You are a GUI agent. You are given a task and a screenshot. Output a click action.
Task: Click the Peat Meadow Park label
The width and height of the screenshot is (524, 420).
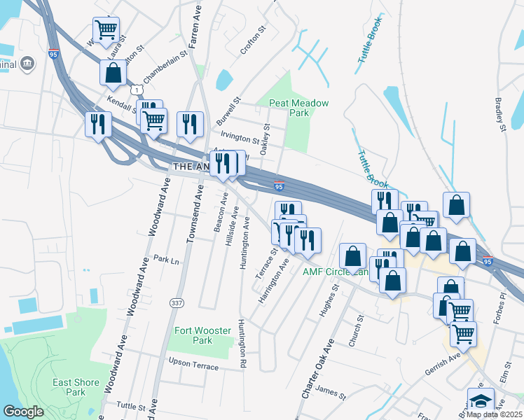(299, 108)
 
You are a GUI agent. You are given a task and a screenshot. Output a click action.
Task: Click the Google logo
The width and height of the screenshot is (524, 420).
(24, 412)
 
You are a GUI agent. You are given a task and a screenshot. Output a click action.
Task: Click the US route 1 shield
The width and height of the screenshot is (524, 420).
(136, 90)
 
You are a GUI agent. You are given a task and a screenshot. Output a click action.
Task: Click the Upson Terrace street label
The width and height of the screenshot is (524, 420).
(194, 364)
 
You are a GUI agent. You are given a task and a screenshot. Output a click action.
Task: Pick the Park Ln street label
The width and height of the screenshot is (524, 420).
(167, 259)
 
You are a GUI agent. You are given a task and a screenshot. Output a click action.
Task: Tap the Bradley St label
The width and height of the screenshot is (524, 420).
(500, 114)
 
